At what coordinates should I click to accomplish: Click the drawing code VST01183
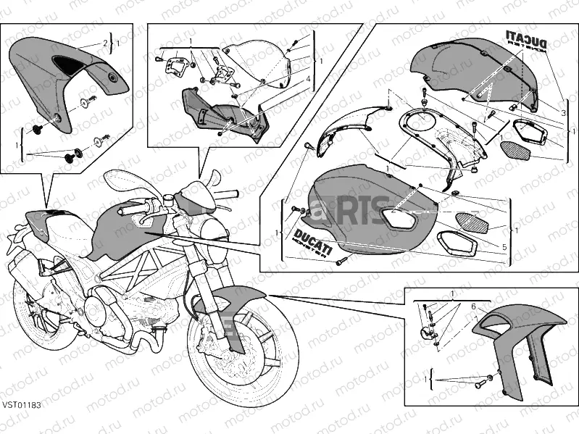click(20, 424)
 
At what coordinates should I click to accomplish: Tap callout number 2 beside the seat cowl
click(104, 44)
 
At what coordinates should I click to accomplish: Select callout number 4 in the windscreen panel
click(307, 78)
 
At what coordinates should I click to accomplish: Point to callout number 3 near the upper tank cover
click(562, 113)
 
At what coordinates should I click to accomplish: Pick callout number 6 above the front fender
click(473, 306)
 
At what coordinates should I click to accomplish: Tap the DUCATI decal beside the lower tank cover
click(311, 242)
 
